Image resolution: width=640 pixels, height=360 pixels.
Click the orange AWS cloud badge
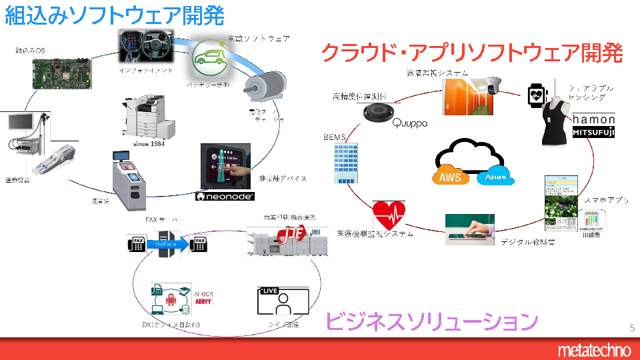[x=451, y=177]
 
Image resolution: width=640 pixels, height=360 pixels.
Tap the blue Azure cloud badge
[x=495, y=177]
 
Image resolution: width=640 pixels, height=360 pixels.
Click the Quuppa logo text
[x=409, y=123]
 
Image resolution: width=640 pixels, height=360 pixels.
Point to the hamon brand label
[x=593, y=119]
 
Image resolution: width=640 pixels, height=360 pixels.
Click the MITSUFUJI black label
[x=593, y=133]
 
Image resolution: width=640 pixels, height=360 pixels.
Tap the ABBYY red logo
[x=203, y=301]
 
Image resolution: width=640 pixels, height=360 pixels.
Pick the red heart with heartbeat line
[x=389, y=215]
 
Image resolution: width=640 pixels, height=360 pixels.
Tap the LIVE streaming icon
[x=283, y=301]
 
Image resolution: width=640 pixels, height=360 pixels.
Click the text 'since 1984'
[x=149, y=143]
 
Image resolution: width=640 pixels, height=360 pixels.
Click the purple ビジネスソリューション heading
[x=431, y=321]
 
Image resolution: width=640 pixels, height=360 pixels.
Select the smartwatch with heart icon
[x=537, y=95]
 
